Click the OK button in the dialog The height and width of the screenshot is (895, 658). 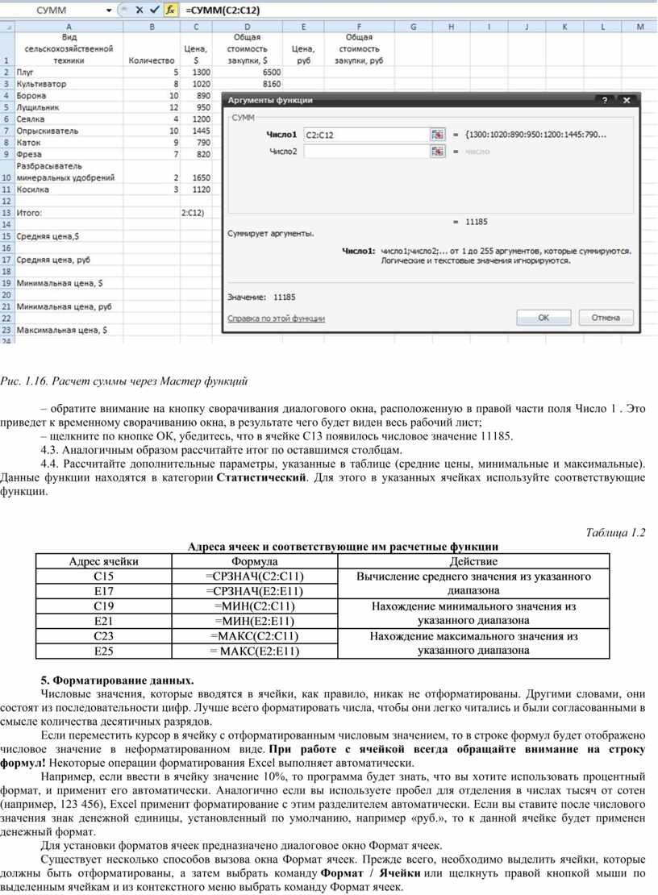(x=543, y=318)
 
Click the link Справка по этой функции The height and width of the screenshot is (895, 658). (x=276, y=318)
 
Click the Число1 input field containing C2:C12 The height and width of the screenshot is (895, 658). (x=365, y=135)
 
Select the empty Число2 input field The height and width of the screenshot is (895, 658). (x=365, y=151)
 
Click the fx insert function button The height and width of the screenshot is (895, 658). (x=169, y=10)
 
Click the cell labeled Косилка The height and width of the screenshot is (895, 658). (x=33, y=189)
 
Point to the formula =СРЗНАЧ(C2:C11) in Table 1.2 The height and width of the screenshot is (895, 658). (x=255, y=576)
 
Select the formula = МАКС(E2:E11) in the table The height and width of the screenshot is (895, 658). (x=255, y=651)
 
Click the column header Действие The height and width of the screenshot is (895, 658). (x=473, y=561)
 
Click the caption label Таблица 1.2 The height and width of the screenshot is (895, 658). (x=615, y=531)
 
